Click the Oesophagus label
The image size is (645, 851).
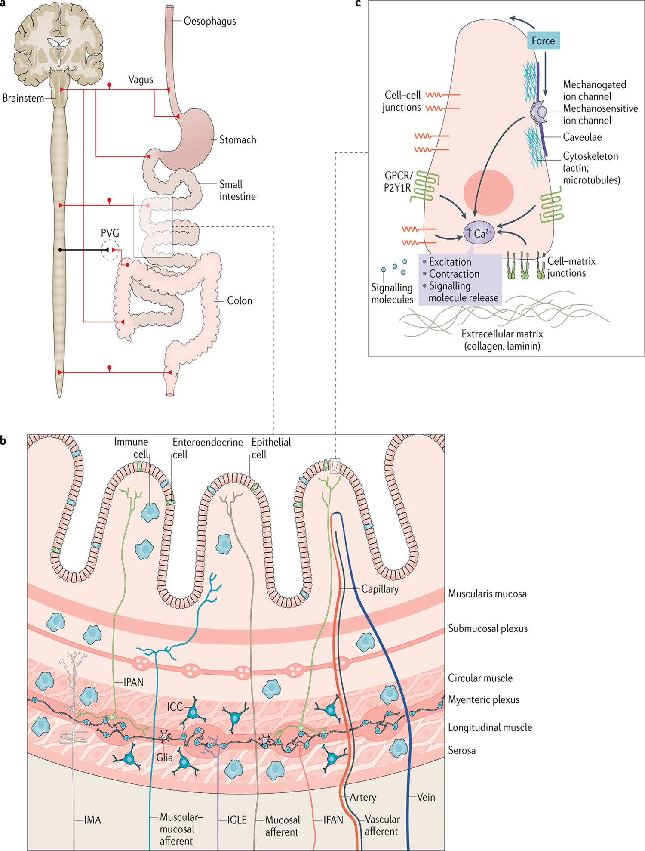pyautogui.click(x=209, y=21)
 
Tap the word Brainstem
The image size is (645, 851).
pyautogui.click(x=23, y=98)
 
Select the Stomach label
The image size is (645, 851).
pyautogui.click(x=237, y=140)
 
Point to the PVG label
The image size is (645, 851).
pyautogui.click(x=110, y=233)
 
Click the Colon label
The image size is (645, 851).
pyautogui.click(x=240, y=301)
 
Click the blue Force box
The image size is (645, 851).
pyautogui.click(x=543, y=41)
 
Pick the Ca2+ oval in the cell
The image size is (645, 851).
pyautogui.click(x=479, y=233)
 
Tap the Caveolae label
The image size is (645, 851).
pyautogui.click(x=582, y=137)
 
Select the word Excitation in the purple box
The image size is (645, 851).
pyautogui.click(x=450, y=262)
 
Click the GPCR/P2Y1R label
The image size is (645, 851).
pyautogui.click(x=398, y=182)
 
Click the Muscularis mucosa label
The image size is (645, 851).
pyautogui.click(x=487, y=594)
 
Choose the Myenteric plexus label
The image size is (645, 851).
pyautogui.click(x=484, y=700)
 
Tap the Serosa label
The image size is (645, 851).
pyautogui.click(x=462, y=751)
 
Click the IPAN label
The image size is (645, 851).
pyautogui.click(x=133, y=682)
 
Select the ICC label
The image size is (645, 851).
pyautogui.click(x=175, y=707)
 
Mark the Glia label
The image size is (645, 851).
pyautogui.click(x=164, y=758)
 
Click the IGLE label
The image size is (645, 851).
pyautogui.click(x=236, y=820)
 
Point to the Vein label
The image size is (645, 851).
pyautogui.click(x=426, y=797)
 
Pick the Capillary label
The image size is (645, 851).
pyautogui.click(x=380, y=589)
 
